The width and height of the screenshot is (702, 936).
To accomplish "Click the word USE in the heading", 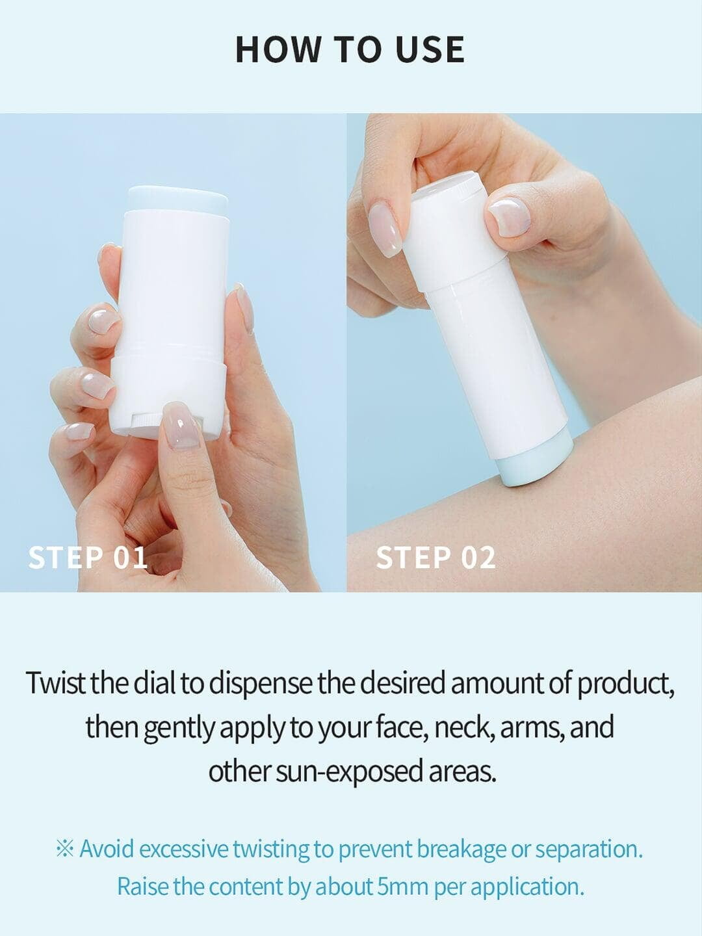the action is (430, 49).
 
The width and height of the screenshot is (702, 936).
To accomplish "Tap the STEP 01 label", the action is (88, 557).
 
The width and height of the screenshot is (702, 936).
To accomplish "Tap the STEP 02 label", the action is (436, 557).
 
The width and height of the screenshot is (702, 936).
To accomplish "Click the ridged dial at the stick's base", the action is (147, 421).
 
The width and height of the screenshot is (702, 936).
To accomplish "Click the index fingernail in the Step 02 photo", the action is (385, 229).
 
